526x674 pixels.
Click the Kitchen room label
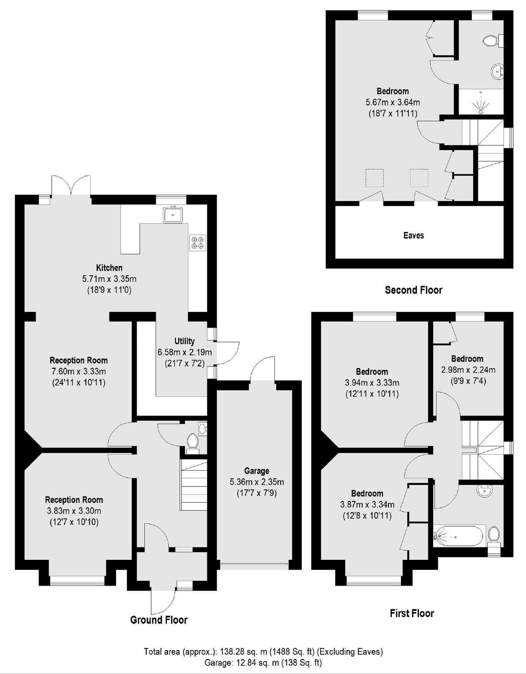(109, 268)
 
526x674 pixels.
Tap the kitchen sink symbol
(173, 215)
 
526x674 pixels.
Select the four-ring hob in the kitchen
(197, 243)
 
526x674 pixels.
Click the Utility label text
(184, 341)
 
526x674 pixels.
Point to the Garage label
(256, 471)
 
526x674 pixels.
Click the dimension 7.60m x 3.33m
(79, 371)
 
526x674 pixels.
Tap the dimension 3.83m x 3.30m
(74, 511)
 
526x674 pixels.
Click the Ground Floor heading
(159, 620)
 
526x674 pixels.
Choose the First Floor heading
(412, 613)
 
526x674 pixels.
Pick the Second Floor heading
(413, 290)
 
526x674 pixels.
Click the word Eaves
(413, 236)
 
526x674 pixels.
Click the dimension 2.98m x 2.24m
(468, 370)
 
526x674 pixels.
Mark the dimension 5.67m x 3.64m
(392, 102)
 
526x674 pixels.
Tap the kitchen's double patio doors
(71, 186)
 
